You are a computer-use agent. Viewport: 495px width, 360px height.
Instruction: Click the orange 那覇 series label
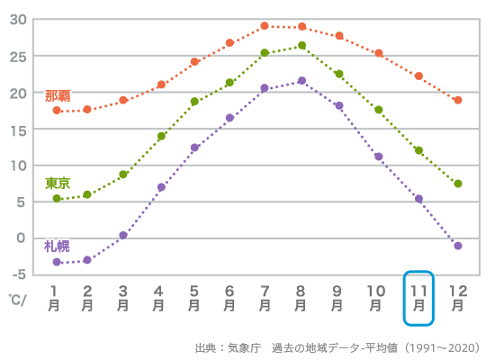[x=58, y=94]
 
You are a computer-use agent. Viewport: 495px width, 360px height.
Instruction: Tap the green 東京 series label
[x=58, y=183]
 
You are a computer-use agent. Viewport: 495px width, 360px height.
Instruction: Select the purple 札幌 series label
[x=57, y=246]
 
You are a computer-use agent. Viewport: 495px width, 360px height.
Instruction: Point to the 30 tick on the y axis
[x=18, y=20]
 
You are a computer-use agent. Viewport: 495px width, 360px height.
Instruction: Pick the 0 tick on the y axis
[x=22, y=238]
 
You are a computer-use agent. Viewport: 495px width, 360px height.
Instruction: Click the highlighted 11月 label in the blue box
[x=418, y=297]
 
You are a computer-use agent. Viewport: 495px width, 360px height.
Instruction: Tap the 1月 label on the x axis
[x=54, y=297]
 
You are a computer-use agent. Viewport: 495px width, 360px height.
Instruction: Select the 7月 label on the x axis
[x=265, y=297]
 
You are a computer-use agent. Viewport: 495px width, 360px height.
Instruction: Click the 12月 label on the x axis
[x=457, y=297]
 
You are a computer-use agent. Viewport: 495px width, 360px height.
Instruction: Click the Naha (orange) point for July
[x=265, y=26]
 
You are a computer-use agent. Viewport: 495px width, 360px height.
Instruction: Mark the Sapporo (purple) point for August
[x=301, y=81]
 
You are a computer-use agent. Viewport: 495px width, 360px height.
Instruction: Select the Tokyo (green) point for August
[x=301, y=45]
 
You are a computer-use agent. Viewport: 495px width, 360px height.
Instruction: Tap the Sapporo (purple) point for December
[x=458, y=246]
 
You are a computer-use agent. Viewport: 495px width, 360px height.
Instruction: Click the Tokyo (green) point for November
[x=418, y=150]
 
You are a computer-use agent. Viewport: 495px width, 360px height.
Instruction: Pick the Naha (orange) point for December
[x=458, y=100]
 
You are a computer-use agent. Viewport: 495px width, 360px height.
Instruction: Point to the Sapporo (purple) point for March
[x=123, y=235]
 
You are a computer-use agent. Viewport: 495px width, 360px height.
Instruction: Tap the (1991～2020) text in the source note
[x=442, y=347]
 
